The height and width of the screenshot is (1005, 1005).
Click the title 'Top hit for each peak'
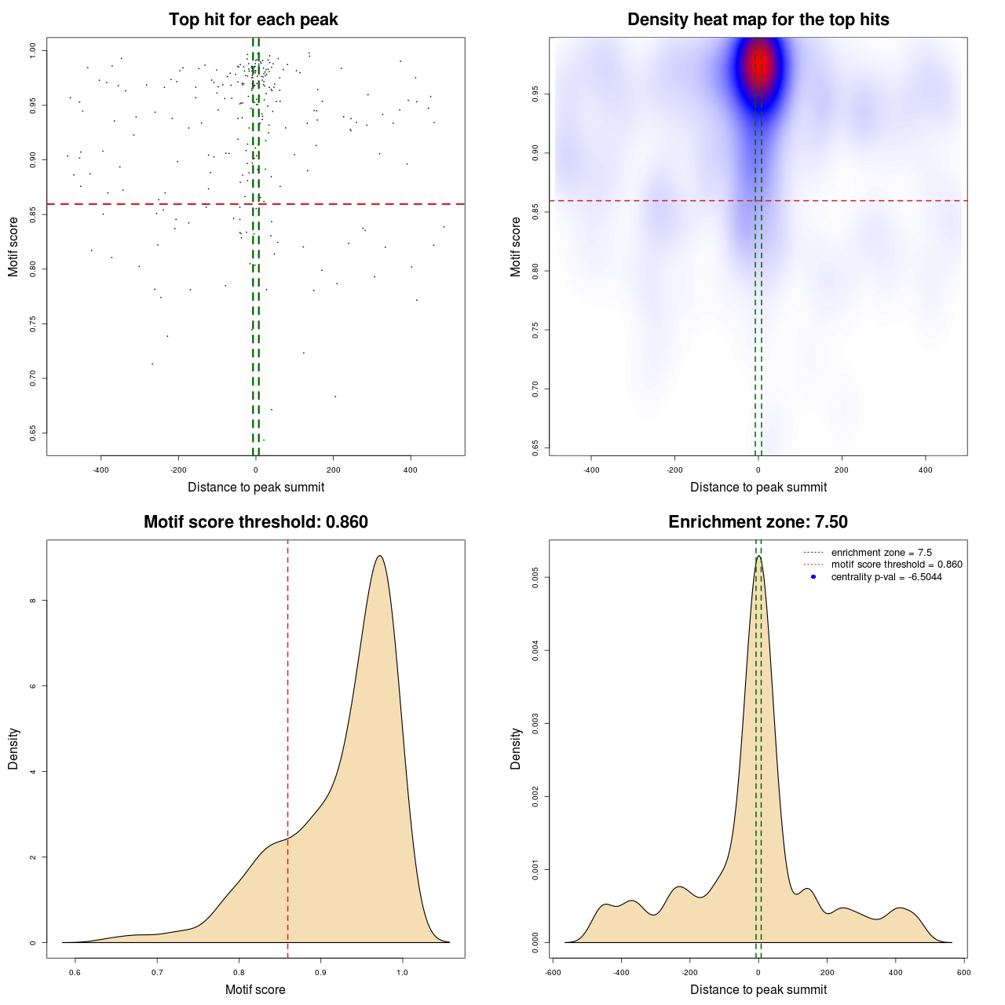253,20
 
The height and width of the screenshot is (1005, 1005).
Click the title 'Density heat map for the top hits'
758,20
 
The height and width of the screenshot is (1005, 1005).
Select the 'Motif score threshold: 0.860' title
255,522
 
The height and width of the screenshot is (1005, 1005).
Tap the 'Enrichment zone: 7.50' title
758,522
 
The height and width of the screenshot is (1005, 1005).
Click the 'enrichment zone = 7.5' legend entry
881,553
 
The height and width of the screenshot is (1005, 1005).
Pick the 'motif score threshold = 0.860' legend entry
896,565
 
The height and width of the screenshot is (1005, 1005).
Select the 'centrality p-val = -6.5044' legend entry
886,577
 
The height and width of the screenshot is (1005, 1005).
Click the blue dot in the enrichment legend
813,577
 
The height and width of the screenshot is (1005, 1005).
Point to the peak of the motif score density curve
380,556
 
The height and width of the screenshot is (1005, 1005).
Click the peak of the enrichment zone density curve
758,557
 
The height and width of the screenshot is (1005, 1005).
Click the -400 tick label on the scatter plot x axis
100,470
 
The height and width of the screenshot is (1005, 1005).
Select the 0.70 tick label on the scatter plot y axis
32,378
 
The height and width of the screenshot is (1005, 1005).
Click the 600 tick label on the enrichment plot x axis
963,972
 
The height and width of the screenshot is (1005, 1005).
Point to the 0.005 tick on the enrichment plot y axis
535,578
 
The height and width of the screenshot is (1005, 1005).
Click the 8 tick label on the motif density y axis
32,601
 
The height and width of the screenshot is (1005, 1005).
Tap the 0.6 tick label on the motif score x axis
75,972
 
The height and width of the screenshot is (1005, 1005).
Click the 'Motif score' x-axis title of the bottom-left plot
255,989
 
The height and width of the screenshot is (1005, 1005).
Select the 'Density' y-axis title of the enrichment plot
516,748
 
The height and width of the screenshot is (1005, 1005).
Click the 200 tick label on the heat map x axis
842,470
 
